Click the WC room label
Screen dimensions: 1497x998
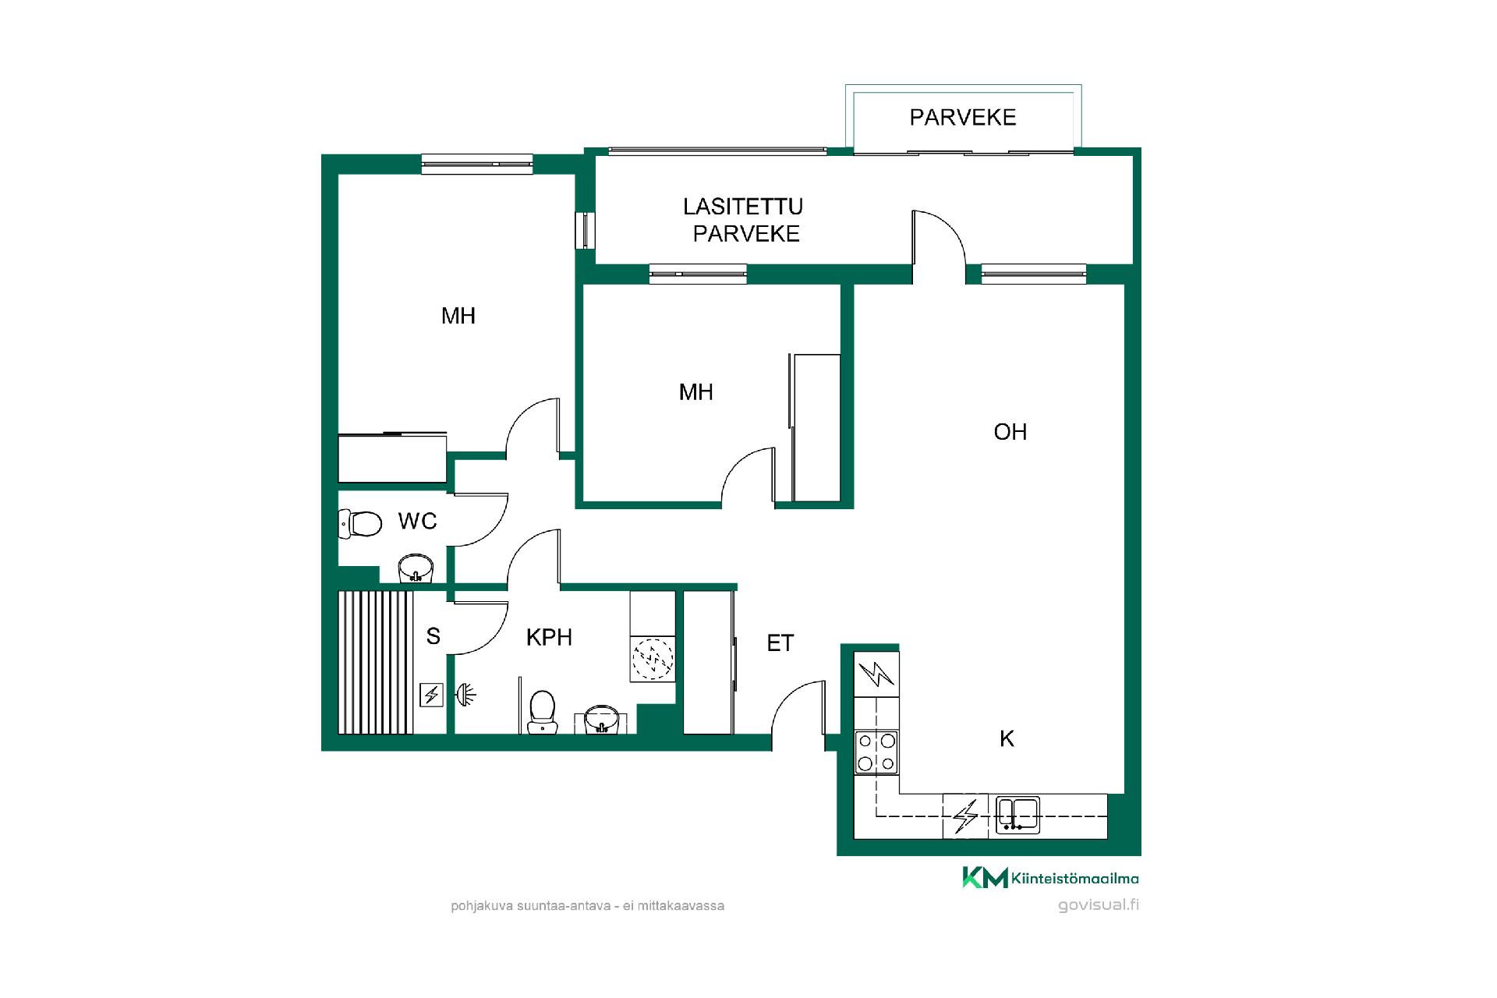click(417, 521)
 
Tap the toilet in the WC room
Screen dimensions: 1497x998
click(359, 523)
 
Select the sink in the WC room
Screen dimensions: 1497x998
click(416, 568)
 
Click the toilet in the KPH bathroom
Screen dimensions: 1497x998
click(542, 712)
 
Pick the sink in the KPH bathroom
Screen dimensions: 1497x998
click(602, 719)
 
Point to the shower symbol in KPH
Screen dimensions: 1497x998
click(465, 693)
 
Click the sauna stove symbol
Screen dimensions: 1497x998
click(431, 695)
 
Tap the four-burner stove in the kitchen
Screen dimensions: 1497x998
click(876, 752)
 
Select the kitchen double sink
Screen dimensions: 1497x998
click(1017, 815)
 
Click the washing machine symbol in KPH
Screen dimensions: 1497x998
click(652, 658)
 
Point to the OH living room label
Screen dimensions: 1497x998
click(1010, 432)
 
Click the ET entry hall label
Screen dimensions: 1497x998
click(780, 643)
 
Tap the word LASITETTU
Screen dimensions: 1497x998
click(743, 207)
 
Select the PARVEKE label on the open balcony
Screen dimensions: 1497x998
click(963, 117)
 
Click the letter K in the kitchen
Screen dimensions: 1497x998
click(1007, 738)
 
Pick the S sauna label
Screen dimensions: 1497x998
click(433, 637)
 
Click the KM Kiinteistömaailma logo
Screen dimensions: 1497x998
click(1050, 877)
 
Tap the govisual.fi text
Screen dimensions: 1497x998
click(1099, 905)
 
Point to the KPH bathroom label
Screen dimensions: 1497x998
click(549, 638)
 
